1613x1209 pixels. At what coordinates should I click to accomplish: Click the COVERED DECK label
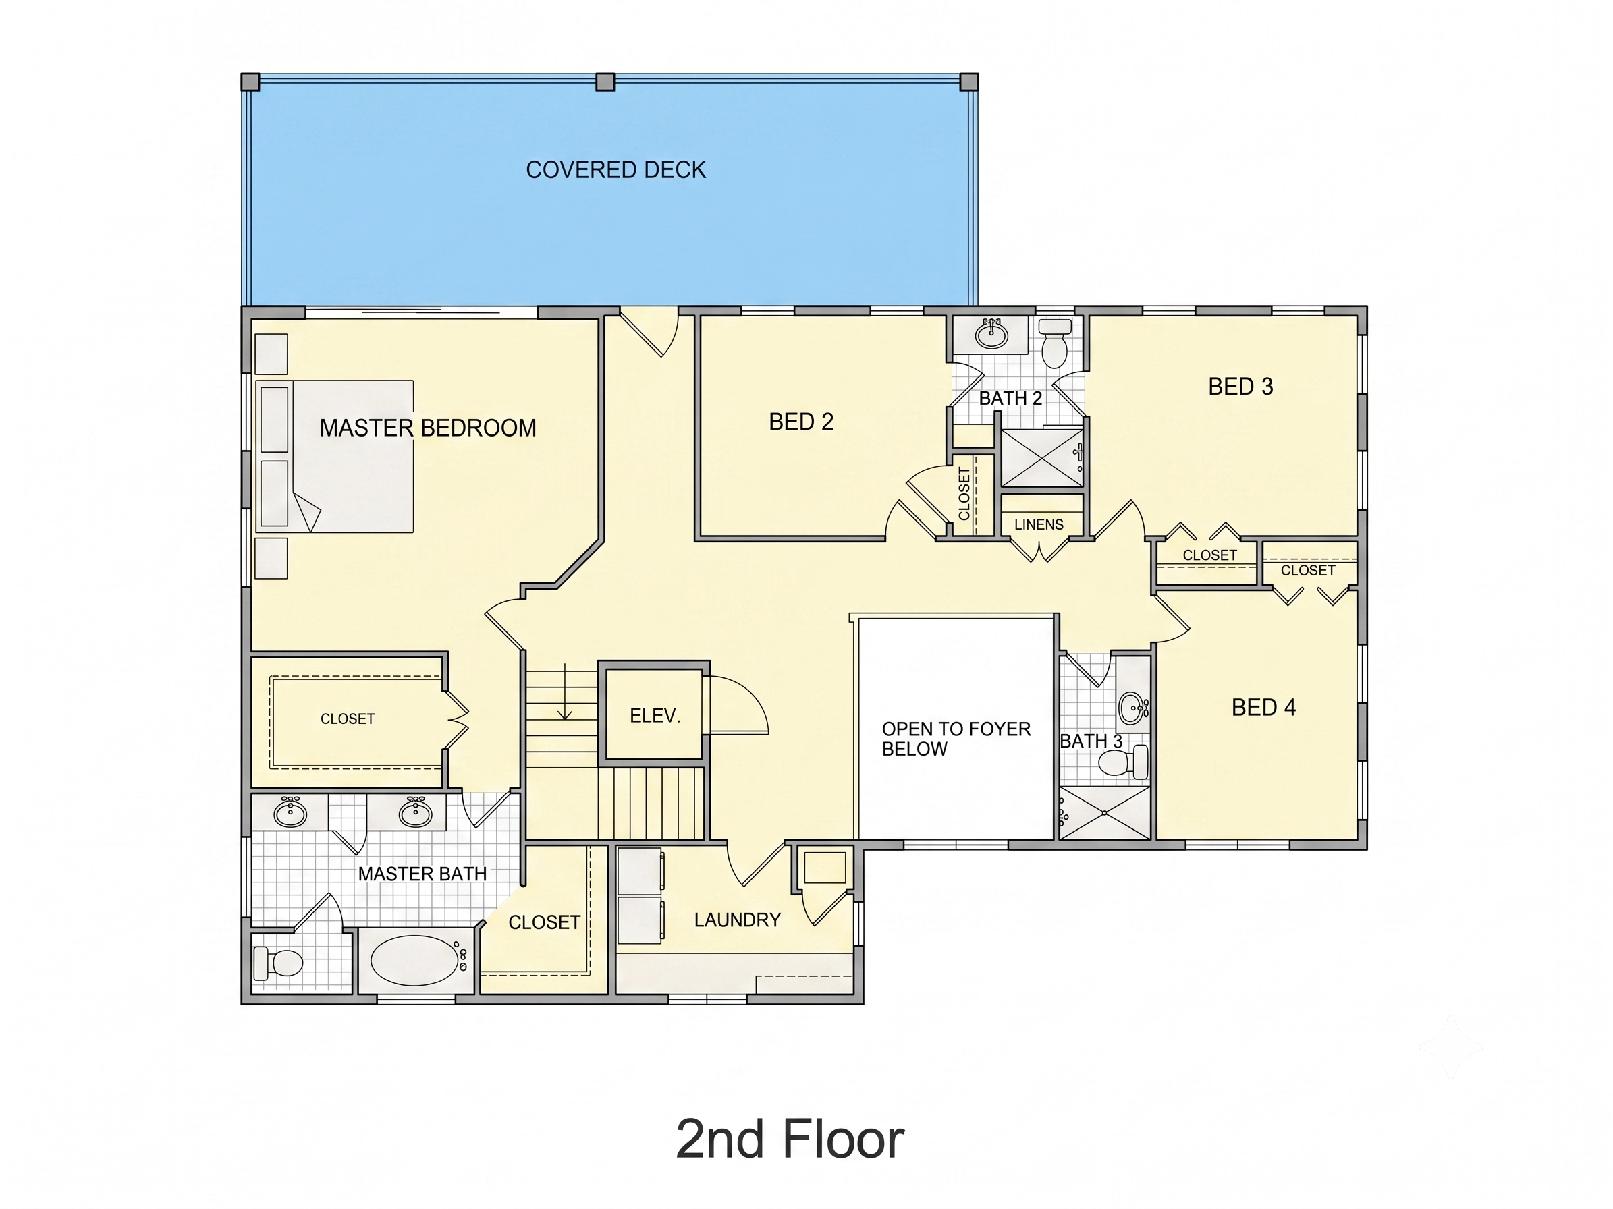coord(616,170)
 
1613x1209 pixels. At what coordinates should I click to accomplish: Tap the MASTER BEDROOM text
coord(428,428)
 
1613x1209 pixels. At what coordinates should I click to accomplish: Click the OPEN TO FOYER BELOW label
coord(956,739)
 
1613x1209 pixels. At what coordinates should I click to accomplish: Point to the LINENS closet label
coord(1039,525)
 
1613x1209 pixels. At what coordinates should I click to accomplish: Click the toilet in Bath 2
coord(1054,343)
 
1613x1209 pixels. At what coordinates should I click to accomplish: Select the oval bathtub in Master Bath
coord(415,960)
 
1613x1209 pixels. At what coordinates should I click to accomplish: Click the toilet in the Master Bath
coord(278,963)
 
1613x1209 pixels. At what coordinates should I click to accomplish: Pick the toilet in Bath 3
coord(1123,762)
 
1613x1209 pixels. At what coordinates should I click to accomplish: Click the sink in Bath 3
coord(1134,706)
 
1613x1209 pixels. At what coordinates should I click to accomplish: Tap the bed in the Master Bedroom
coord(335,456)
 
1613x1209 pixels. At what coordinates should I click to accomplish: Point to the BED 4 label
coord(1263,708)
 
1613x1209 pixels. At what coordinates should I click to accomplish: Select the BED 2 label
coord(800,422)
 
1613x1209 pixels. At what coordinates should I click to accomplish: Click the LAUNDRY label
coord(737,920)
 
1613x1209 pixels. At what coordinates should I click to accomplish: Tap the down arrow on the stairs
coord(565,692)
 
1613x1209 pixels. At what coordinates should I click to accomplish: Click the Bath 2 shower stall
coord(1041,457)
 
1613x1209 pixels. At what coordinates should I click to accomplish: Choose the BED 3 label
coord(1240,386)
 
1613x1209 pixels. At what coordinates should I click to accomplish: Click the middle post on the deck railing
coord(605,82)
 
